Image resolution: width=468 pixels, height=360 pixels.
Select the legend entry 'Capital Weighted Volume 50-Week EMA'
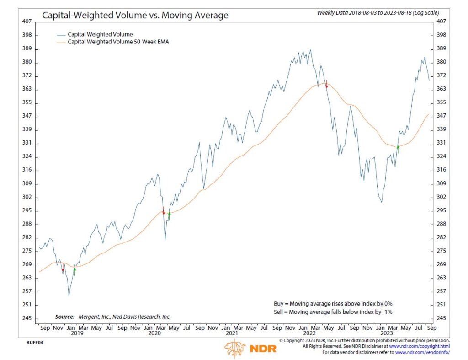pyautogui.click(x=116, y=42)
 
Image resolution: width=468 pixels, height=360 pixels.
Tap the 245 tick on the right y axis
pyautogui.click(x=441, y=318)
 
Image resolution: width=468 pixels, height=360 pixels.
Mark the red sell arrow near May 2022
pyautogui.click(x=326, y=84)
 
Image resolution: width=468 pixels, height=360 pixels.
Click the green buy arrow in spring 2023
pyautogui.click(x=398, y=149)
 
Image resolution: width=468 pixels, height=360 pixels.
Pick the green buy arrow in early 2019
pyautogui.click(x=74, y=270)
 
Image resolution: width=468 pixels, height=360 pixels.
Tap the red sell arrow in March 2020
pyautogui.click(x=163, y=211)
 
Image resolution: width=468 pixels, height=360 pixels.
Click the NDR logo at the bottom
pyautogui.click(x=244, y=349)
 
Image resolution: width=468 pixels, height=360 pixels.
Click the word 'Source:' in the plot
pyautogui.click(x=64, y=317)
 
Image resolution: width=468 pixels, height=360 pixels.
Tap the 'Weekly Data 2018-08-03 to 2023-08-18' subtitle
pyautogui.click(x=373, y=13)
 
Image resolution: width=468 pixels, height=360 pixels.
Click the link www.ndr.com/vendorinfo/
pyautogui.click(x=422, y=352)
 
